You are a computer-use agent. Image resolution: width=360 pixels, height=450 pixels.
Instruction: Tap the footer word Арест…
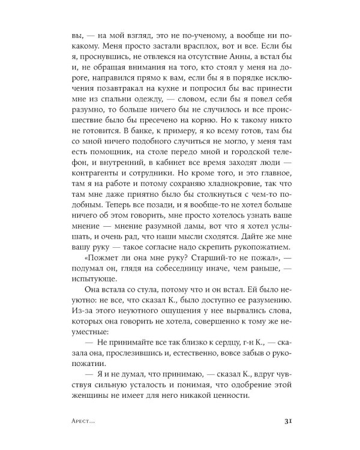pyautogui.click(x=84, y=421)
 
